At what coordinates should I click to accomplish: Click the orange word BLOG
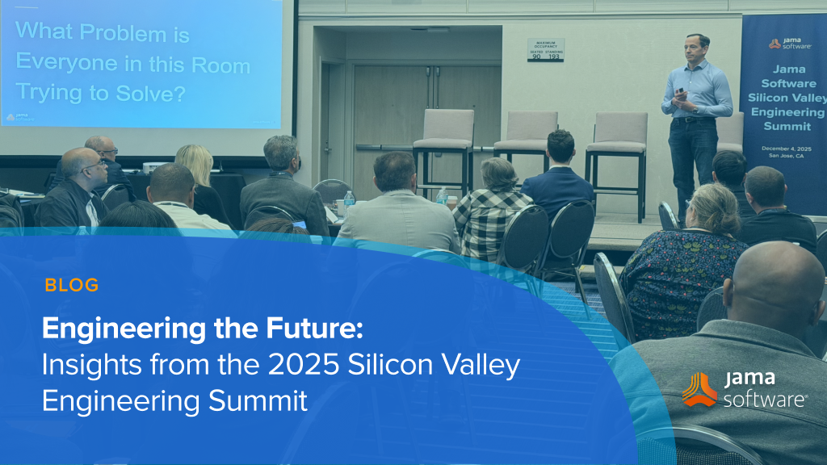coord(72,285)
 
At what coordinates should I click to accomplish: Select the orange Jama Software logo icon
coord(699,389)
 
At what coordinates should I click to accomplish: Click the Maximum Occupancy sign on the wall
coord(545,49)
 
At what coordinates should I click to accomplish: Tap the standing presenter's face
coord(696,48)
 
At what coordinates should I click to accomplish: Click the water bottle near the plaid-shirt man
coord(442,196)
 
